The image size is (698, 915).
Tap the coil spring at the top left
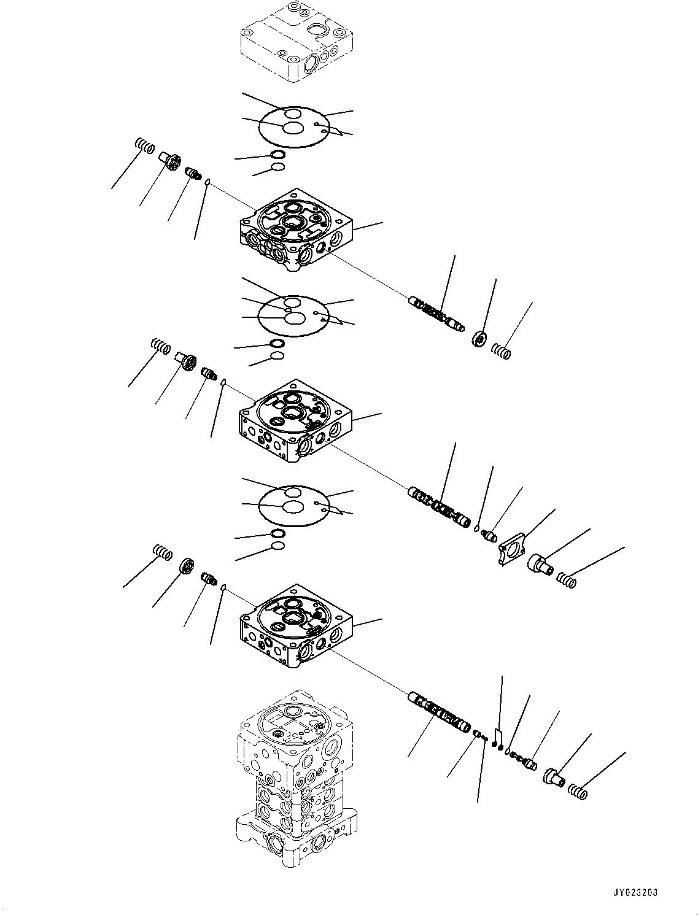pyautogui.click(x=144, y=147)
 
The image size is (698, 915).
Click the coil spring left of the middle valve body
pyautogui.click(x=161, y=347)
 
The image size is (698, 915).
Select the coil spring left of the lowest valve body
pyautogui.click(x=163, y=552)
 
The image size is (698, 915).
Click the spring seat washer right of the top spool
pyautogui.click(x=479, y=338)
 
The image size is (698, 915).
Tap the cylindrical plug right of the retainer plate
pyautogui.click(x=538, y=563)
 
